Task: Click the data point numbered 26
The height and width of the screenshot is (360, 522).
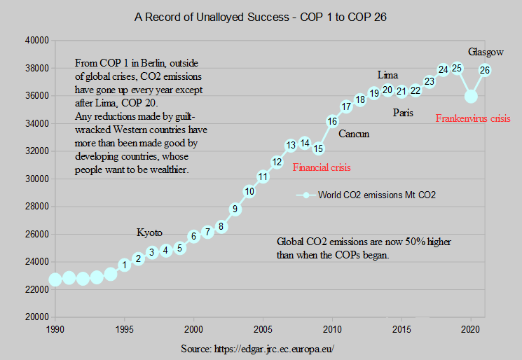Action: pyautogui.click(x=484, y=70)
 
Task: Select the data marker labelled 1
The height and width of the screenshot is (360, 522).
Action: pyautogui.click(x=125, y=265)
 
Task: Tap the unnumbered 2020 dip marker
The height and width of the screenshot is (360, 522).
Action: pyautogui.click(x=471, y=96)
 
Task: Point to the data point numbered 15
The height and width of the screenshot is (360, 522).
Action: pyautogui.click(x=318, y=148)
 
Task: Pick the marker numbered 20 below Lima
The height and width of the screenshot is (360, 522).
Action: pyautogui.click(x=387, y=90)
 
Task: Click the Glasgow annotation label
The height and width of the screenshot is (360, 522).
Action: pyautogui.click(x=486, y=53)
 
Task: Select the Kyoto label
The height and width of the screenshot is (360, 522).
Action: pyautogui.click(x=149, y=233)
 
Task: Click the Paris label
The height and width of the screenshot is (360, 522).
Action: pyautogui.click(x=403, y=112)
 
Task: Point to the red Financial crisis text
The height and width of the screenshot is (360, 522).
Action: pyautogui.click(x=321, y=167)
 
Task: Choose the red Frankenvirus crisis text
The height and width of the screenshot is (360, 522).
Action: pyautogui.click(x=473, y=118)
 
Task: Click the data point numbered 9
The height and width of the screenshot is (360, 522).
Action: pyautogui.click(x=235, y=209)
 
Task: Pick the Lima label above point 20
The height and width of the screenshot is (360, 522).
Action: pyautogui.click(x=387, y=75)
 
